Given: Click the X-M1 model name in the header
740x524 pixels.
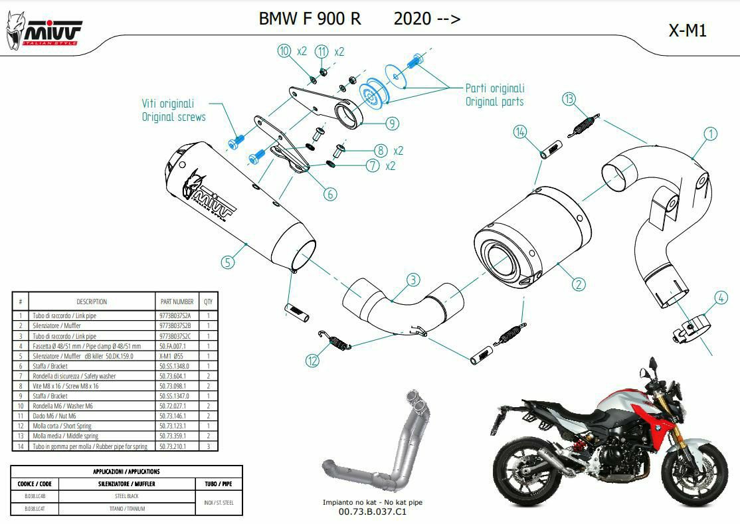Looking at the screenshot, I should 688,31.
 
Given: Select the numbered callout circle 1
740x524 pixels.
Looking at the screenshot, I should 711,133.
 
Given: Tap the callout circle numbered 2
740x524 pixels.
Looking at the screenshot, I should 579,284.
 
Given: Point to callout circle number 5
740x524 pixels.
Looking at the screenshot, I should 228,262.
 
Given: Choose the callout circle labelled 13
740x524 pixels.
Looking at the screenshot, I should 569,100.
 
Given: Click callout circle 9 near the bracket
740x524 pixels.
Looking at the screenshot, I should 391,123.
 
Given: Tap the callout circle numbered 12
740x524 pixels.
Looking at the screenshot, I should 313,361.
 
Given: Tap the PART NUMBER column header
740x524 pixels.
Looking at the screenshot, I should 177,302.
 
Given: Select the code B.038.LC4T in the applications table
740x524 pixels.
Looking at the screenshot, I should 37,508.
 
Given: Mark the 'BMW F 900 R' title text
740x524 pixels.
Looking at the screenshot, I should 310,19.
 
